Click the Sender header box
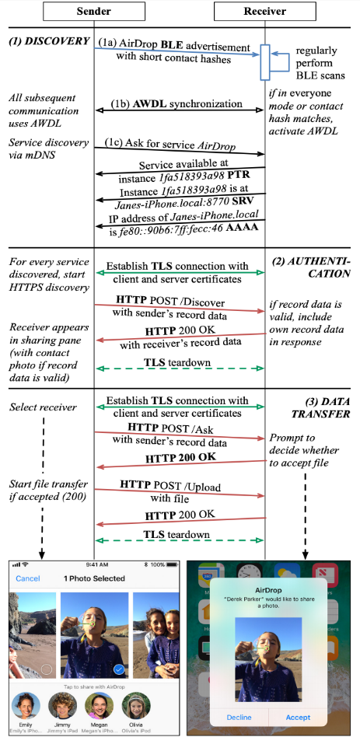[94, 12]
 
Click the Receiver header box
[264, 12]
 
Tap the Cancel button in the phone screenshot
[28, 578]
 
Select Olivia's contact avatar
[136, 707]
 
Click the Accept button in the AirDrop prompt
[298, 717]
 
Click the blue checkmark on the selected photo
[118, 669]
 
